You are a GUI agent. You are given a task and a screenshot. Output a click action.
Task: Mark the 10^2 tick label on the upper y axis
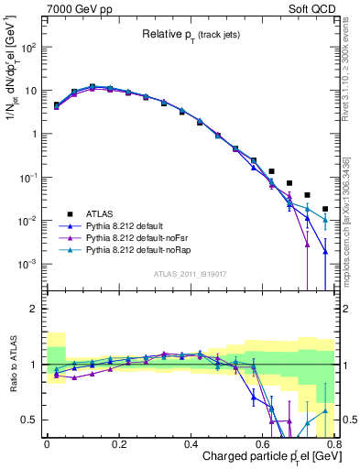tap(30, 49)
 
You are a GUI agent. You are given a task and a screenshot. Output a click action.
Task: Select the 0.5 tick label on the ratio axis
tap(31, 420)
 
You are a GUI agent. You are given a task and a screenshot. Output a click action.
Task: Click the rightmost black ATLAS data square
tap(325, 209)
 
